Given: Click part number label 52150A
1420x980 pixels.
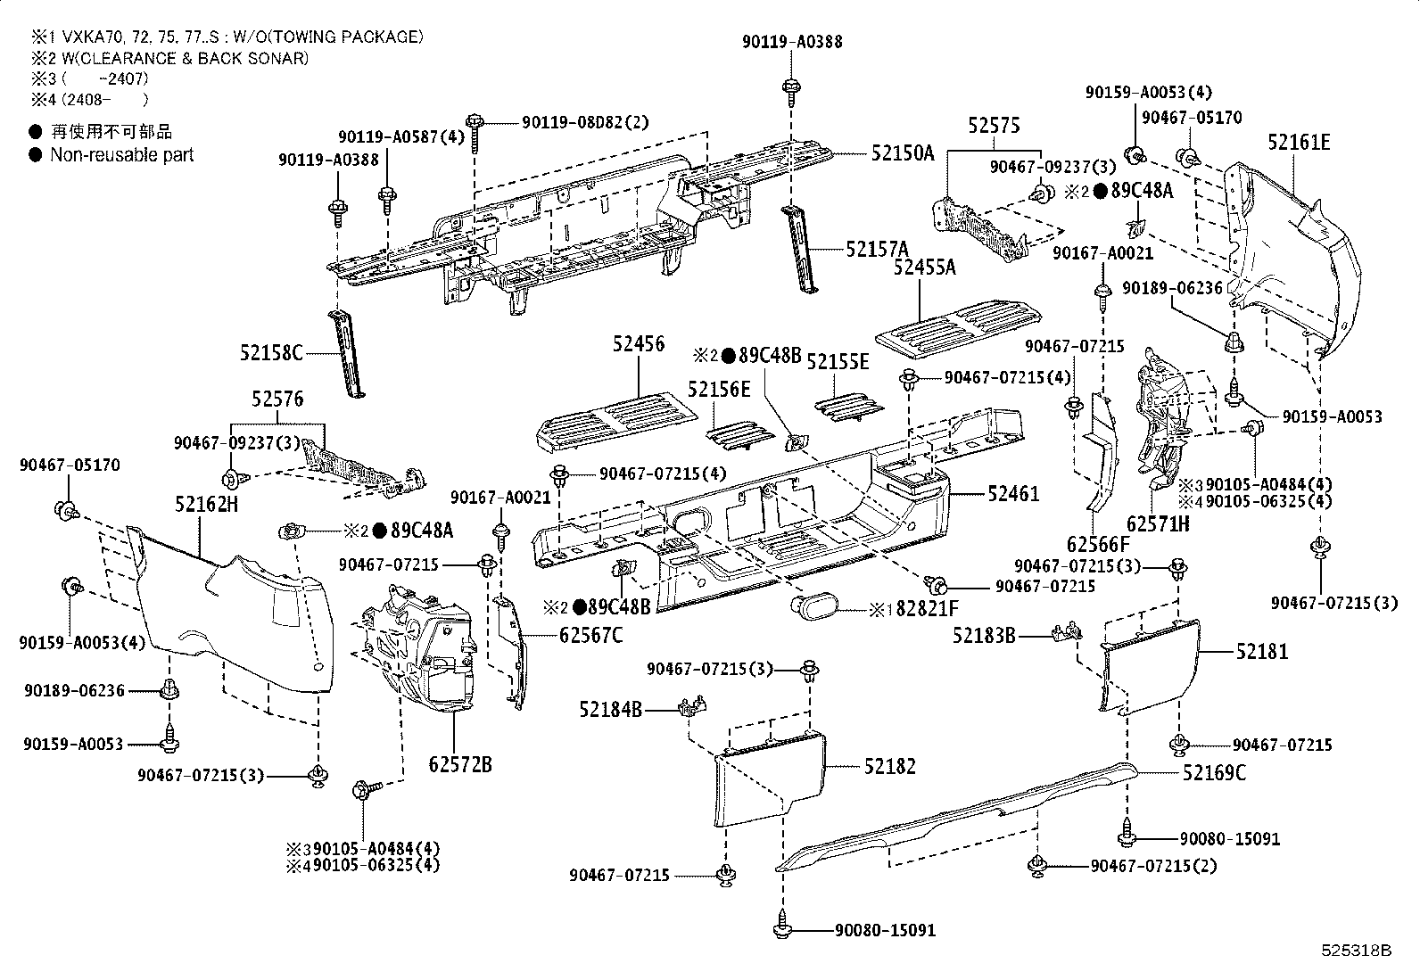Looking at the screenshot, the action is click(x=902, y=152).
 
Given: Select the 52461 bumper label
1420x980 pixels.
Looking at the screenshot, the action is click(x=1013, y=493).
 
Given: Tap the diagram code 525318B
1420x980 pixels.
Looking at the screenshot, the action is click(x=1356, y=951).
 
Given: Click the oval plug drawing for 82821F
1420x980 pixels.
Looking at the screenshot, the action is click(x=815, y=609).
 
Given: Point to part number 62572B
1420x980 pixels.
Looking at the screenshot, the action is click(x=460, y=764).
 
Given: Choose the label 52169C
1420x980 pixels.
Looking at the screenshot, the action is click(x=1214, y=772).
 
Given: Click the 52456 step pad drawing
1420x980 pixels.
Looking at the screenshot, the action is click(x=617, y=416).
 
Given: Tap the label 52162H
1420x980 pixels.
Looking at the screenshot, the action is click(x=206, y=505).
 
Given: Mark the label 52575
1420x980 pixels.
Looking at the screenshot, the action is click(x=994, y=126).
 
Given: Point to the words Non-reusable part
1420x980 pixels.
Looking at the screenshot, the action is click(x=121, y=154).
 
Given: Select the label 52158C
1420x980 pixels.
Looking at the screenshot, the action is click(x=271, y=352).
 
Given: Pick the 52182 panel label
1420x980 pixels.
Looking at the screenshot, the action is click(x=889, y=766).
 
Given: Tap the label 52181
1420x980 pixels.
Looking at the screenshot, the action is click(x=1262, y=652).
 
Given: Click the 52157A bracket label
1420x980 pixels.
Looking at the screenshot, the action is click(x=877, y=249).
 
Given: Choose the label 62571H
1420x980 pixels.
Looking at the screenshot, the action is click(x=1158, y=523).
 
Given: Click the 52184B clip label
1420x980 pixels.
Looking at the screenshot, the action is click(x=610, y=710).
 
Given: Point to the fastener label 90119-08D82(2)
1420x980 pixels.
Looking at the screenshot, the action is click(x=585, y=121).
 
